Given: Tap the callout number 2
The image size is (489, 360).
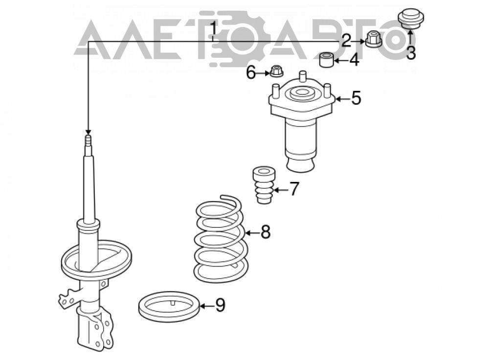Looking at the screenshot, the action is point(346,41).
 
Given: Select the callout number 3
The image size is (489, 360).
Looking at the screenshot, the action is point(411,53).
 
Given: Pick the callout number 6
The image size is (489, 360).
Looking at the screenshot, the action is point(251,73).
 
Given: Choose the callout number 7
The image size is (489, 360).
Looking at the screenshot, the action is point(294,189).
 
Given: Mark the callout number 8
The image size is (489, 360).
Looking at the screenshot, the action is point(266,232).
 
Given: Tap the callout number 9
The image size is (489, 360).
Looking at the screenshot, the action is point(220,305).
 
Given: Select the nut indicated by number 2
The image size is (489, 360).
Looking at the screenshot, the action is point(373,39).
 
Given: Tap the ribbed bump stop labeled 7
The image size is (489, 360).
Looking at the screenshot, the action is point(264,185).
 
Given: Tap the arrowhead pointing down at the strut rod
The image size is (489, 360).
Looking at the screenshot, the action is point(88,132).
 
